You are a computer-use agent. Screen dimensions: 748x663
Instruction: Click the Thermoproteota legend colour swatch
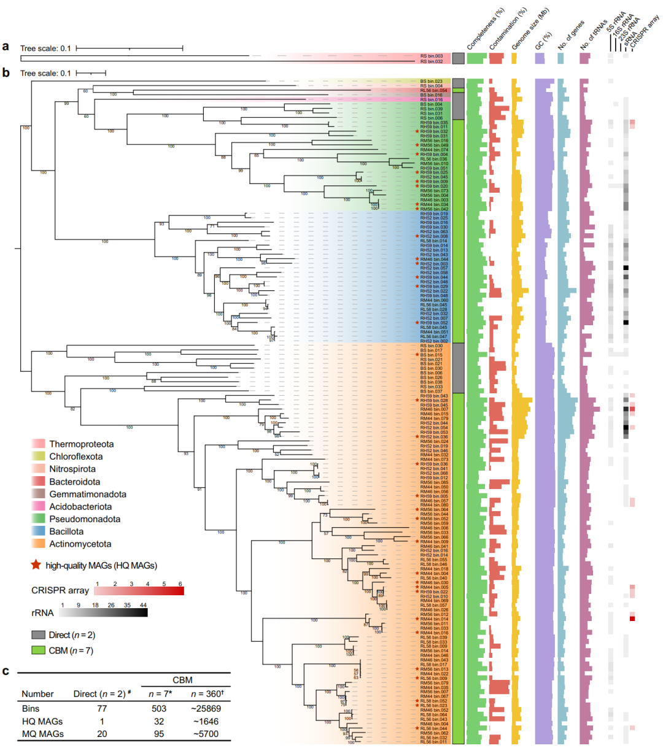pyautogui.click(x=38, y=444)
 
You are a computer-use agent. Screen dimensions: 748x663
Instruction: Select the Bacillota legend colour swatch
pyautogui.click(x=38, y=531)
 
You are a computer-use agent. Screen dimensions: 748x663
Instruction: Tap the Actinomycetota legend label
pyautogui.click(x=80, y=544)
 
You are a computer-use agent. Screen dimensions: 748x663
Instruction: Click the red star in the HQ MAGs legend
pyautogui.click(x=36, y=565)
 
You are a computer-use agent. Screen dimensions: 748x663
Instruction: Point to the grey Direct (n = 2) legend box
pyautogui.click(x=38, y=635)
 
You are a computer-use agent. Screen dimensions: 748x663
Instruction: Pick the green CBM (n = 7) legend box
pyautogui.click(x=38, y=650)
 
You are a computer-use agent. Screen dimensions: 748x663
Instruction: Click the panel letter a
pyautogui.click(x=6, y=47)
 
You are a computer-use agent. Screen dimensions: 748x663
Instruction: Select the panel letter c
pyautogui.click(x=6, y=671)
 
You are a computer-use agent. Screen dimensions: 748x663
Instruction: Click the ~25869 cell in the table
pyautogui.click(x=205, y=709)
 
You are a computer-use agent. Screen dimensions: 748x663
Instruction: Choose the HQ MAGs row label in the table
pyautogui.click(x=42, y=722)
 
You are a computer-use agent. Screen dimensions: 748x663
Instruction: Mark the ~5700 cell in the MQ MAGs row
pyautogui.click(x=205, y=734)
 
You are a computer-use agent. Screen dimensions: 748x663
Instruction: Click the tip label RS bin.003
pyautogui.click(x=432, y=56)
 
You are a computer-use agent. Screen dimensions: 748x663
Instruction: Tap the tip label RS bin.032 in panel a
pyautogui.click(x=432, y=61)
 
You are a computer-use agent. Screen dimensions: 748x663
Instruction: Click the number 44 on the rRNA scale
pyautogui.click(x=143, y=605)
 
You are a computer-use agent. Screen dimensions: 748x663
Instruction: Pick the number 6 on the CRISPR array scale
pyautogui.click(x=180, y=584)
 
